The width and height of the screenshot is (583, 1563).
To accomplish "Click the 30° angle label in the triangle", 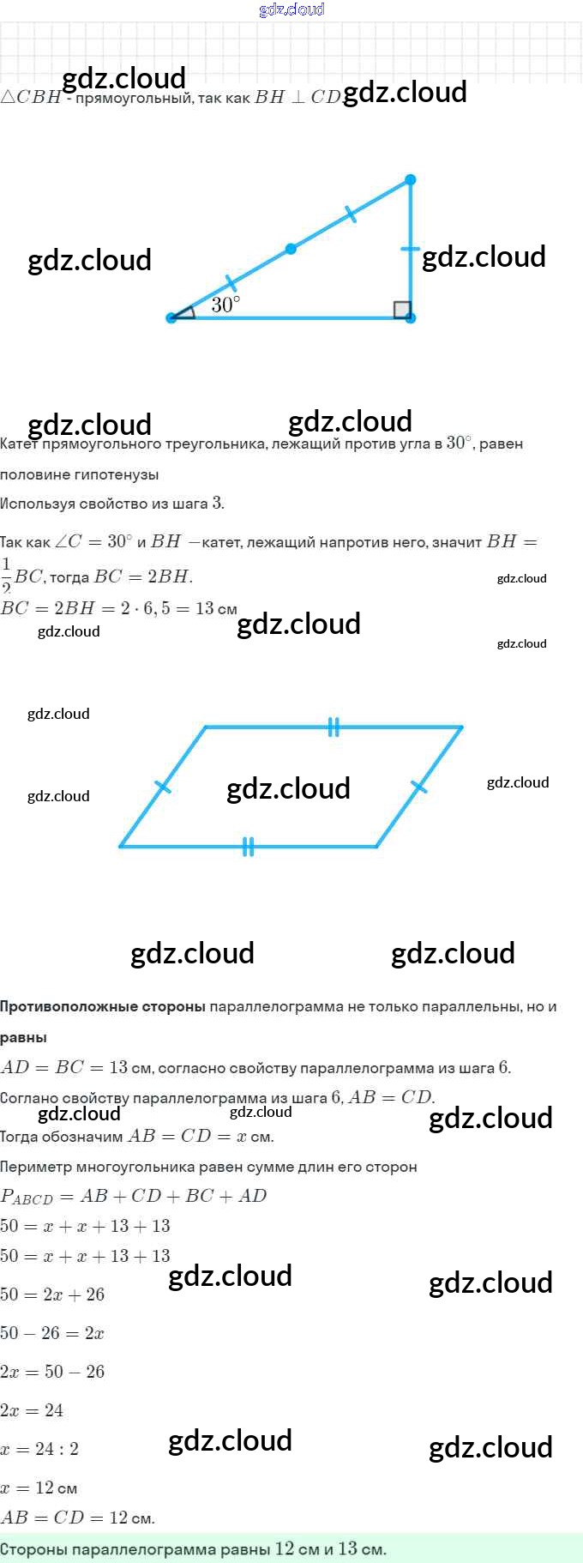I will [225, 305].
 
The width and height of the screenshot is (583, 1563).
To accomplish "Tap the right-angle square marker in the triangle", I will [402, 310].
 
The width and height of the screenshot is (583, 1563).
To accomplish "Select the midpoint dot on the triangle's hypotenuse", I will [291, 249].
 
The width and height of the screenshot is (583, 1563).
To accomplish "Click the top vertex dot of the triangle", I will [410, 180].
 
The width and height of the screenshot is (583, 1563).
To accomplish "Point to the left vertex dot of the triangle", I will [171, 317].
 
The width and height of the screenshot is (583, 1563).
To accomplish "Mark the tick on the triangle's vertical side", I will [410, 250].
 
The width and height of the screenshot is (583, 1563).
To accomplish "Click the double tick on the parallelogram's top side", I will [334, 727].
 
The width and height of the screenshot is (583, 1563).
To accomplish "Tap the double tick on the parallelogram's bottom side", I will [248, 847].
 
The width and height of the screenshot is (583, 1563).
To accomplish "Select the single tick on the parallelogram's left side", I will [162, 787].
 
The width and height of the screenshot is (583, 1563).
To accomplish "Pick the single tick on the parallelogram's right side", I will [419, 787].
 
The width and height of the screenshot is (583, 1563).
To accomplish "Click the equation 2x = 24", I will [32, 1410].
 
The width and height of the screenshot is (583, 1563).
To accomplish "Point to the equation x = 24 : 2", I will [39, 1449].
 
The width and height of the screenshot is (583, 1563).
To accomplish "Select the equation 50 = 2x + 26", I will [52, 1294].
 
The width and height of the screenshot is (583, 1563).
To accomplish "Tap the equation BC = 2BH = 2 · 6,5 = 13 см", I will [118, 608].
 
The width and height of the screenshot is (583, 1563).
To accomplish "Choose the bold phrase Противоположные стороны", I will [102, 1006].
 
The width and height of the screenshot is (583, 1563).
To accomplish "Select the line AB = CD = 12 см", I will [77, 1518].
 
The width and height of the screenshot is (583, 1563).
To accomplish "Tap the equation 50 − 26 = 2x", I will [52, 1333].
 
